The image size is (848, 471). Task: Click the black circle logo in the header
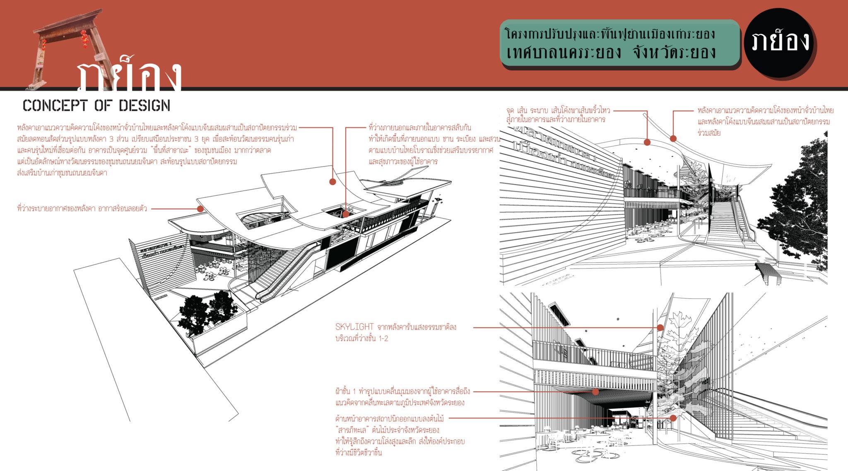pos(779,43)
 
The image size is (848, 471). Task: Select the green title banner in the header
pos(619,43)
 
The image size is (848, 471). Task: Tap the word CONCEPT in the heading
pos(55,106)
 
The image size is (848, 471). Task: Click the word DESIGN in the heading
pos(145,106)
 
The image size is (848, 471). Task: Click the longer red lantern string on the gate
pos(84,39)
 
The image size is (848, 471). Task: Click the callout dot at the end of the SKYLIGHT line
pos(660,328)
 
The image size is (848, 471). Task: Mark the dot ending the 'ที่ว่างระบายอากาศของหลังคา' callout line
pos(200,209)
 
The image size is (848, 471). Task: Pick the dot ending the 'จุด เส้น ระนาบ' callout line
pos(647,142)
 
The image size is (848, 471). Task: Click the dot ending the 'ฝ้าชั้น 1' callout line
pos(595,392)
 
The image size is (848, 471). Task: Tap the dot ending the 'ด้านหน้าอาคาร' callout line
pos(673,418)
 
